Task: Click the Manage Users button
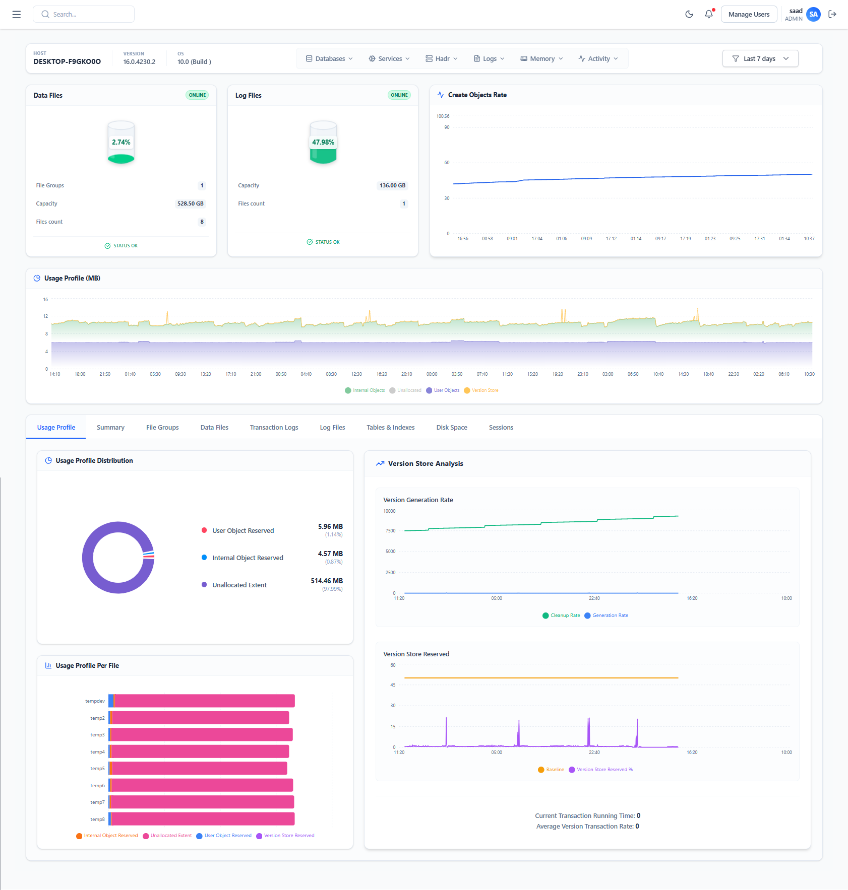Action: click(x=749, y=15)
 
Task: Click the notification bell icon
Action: click(x=708, y=14)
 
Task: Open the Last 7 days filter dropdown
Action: click(x=760, y=58)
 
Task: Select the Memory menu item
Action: click(x=541, y=58)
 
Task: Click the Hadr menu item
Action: click(x=442, y=58)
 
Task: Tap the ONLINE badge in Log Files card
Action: click(x=399, y=95)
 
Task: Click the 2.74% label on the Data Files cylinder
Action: click(x=121, y=143)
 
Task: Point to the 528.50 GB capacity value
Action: click(x=190, y=203)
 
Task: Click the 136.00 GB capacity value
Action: click(x=392, y=185)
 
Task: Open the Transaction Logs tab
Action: click(x=274, y=427)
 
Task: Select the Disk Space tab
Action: click(x=452, y=427)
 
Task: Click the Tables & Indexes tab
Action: click(x=390, y=427)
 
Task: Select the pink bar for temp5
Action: click(x=199, y=768)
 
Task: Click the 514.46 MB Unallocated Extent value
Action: click(x=327, y=581)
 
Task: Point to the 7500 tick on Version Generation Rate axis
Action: click(x=390, y=531)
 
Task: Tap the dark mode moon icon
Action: click(x=689, y=14)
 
